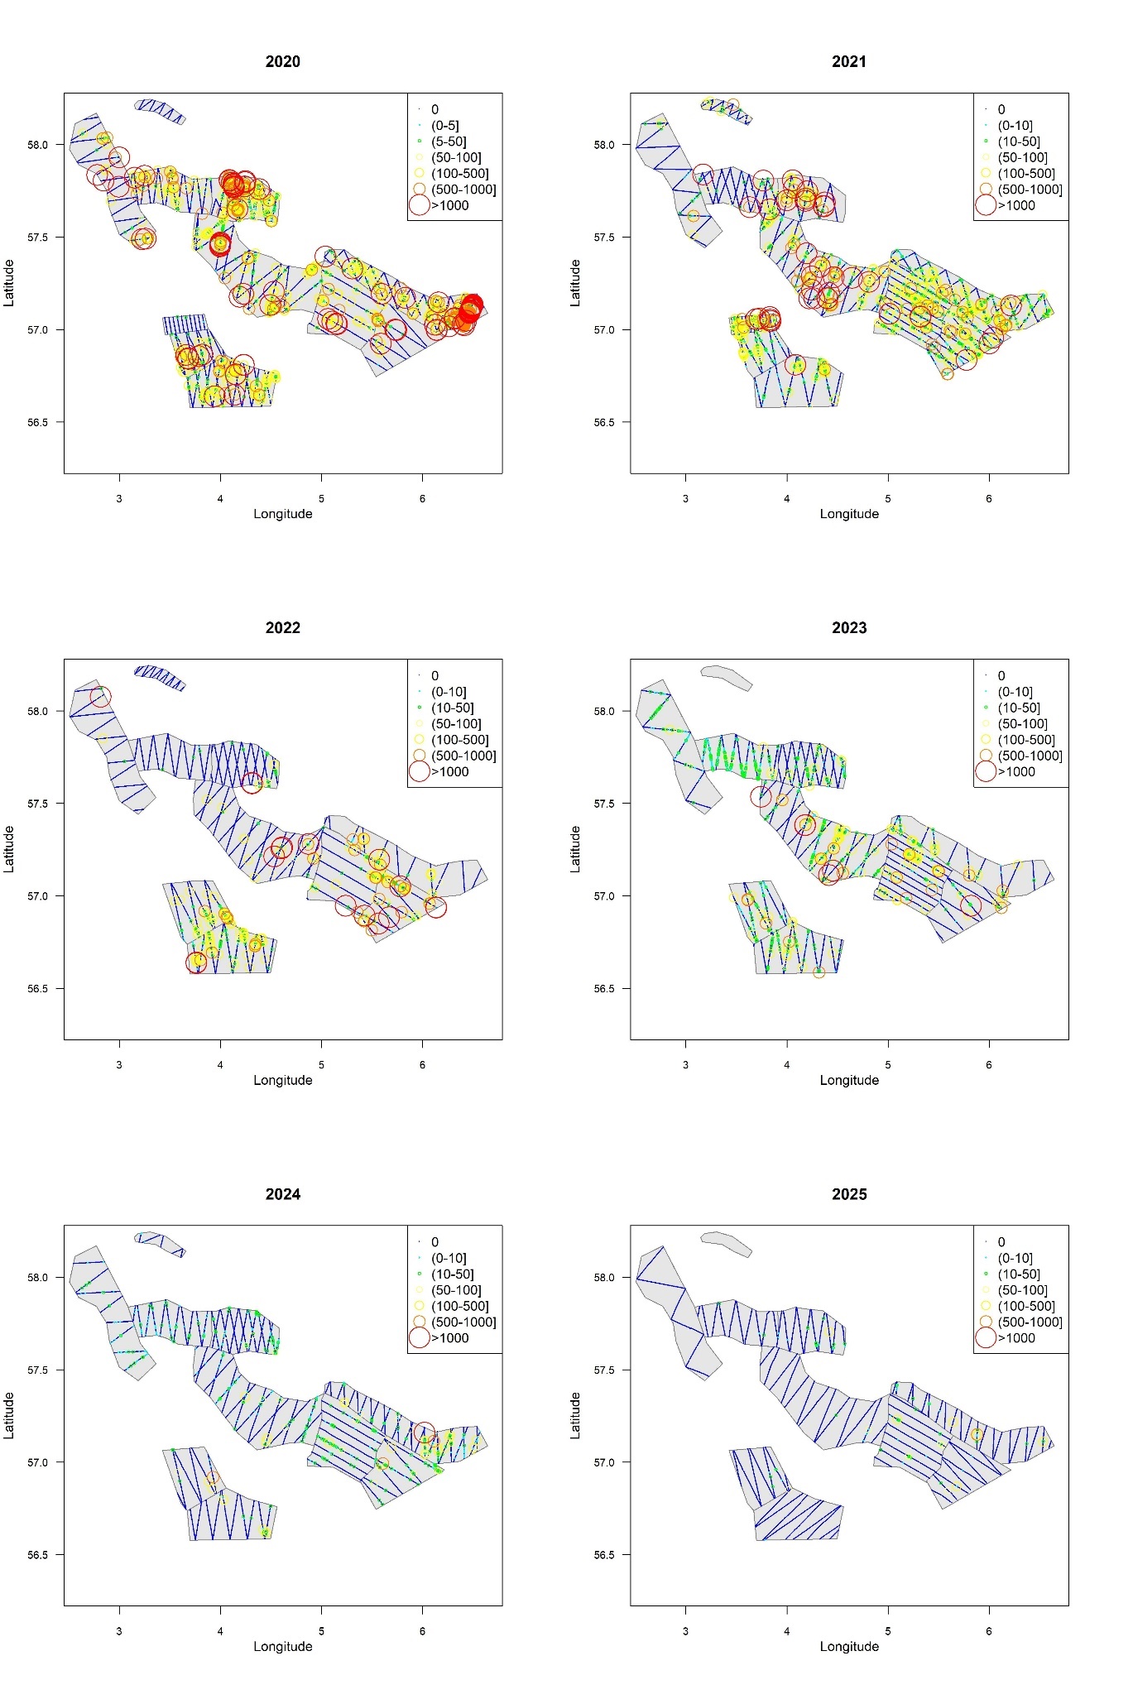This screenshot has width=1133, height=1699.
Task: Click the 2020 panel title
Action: pyautogui.click(x=282, y=61)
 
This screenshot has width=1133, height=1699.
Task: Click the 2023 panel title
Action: pyautogui.click(x=848, y=627)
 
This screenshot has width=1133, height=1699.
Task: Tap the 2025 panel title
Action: pyautogui.click(x=848, y=1193)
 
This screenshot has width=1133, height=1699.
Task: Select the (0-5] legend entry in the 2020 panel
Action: pyautogui.click(x=444, y=126)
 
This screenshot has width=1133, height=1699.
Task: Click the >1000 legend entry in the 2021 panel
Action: pyautogui.click(x=1015, y=205)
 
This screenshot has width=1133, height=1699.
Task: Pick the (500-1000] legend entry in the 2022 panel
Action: pyautogui.click(x=463, y=756)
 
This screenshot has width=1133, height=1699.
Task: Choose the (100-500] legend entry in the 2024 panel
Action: pyautogui.click(x=459, y=1306)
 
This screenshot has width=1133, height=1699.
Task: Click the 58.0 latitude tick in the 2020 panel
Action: pyautogui.click(x=38, y=145)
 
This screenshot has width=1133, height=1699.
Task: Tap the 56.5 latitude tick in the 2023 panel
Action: pyautogui.click(x=604, y=989)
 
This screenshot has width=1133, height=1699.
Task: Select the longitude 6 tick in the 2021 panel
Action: pyautogui.click(x=989, y=498)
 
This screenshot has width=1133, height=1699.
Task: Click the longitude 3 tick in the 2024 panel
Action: pyautogui.click(x=119, y=1630)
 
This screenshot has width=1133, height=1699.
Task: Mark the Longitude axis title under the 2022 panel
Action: pyautogui.click(x=282, y=1080)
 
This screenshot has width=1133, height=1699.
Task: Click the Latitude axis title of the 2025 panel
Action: pyautogui.click(x=575, y=1414)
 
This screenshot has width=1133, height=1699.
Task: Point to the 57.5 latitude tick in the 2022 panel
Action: pyautogui.click(x=38, y=804)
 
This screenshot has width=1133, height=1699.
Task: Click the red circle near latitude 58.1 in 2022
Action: pyautogui.click(x=100, y=697)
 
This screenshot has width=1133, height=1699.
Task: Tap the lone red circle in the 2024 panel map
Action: pyautogui.click(x=424, y=1433)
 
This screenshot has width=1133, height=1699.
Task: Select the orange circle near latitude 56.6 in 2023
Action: pyautogui.click(x=819, y=972)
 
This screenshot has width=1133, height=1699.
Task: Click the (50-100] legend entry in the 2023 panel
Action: pyautogui.click(x=1022, y=723)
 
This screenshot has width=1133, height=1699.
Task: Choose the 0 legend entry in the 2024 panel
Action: pyautogui.click(x=434, y=1242)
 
